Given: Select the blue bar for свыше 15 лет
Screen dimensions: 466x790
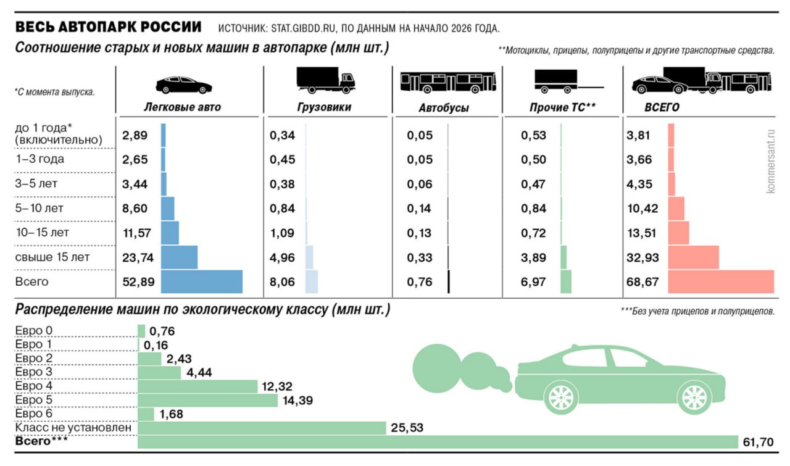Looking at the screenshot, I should [179, 257].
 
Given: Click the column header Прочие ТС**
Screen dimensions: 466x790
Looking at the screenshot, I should [562, 107].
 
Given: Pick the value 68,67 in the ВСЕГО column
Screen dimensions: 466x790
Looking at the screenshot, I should [643, 283].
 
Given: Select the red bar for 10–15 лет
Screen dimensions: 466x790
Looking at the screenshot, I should [678, 233].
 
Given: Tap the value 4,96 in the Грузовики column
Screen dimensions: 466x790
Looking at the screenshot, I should [282, 257].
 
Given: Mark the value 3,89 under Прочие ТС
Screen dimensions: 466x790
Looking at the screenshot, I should [533, 257].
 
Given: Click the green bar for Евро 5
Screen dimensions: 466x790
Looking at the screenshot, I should [208, 401].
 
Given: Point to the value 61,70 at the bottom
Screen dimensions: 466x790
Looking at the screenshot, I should [759, 443].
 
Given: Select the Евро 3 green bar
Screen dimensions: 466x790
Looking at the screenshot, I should [159, 373].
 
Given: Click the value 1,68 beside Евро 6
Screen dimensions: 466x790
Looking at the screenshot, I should [172, 414].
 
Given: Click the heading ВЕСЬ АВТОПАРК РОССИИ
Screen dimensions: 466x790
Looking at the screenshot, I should [108, 28].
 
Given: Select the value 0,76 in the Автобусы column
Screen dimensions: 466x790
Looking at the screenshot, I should [419, 283].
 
